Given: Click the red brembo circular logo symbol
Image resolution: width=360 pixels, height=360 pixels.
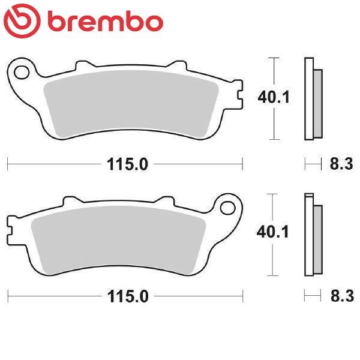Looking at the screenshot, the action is point(22,21).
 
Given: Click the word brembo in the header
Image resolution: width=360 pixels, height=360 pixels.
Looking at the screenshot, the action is point(106,22).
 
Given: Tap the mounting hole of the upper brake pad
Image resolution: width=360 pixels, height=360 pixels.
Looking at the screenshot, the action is point(22,73).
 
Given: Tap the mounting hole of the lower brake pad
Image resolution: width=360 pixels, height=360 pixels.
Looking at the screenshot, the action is point(228,208).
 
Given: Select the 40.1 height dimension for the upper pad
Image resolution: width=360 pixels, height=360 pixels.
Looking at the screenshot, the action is point(274,97).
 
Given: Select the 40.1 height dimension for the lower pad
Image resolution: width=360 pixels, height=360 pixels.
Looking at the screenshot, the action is point(272,232).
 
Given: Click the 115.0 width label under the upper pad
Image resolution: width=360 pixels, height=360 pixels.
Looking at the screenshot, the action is point(127,164).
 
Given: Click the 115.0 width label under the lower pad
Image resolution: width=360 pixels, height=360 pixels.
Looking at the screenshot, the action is point(128,296).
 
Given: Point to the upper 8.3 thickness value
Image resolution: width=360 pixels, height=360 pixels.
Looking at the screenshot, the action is point(341,164).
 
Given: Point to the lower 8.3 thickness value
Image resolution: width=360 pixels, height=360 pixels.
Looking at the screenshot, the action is point(342,296).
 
